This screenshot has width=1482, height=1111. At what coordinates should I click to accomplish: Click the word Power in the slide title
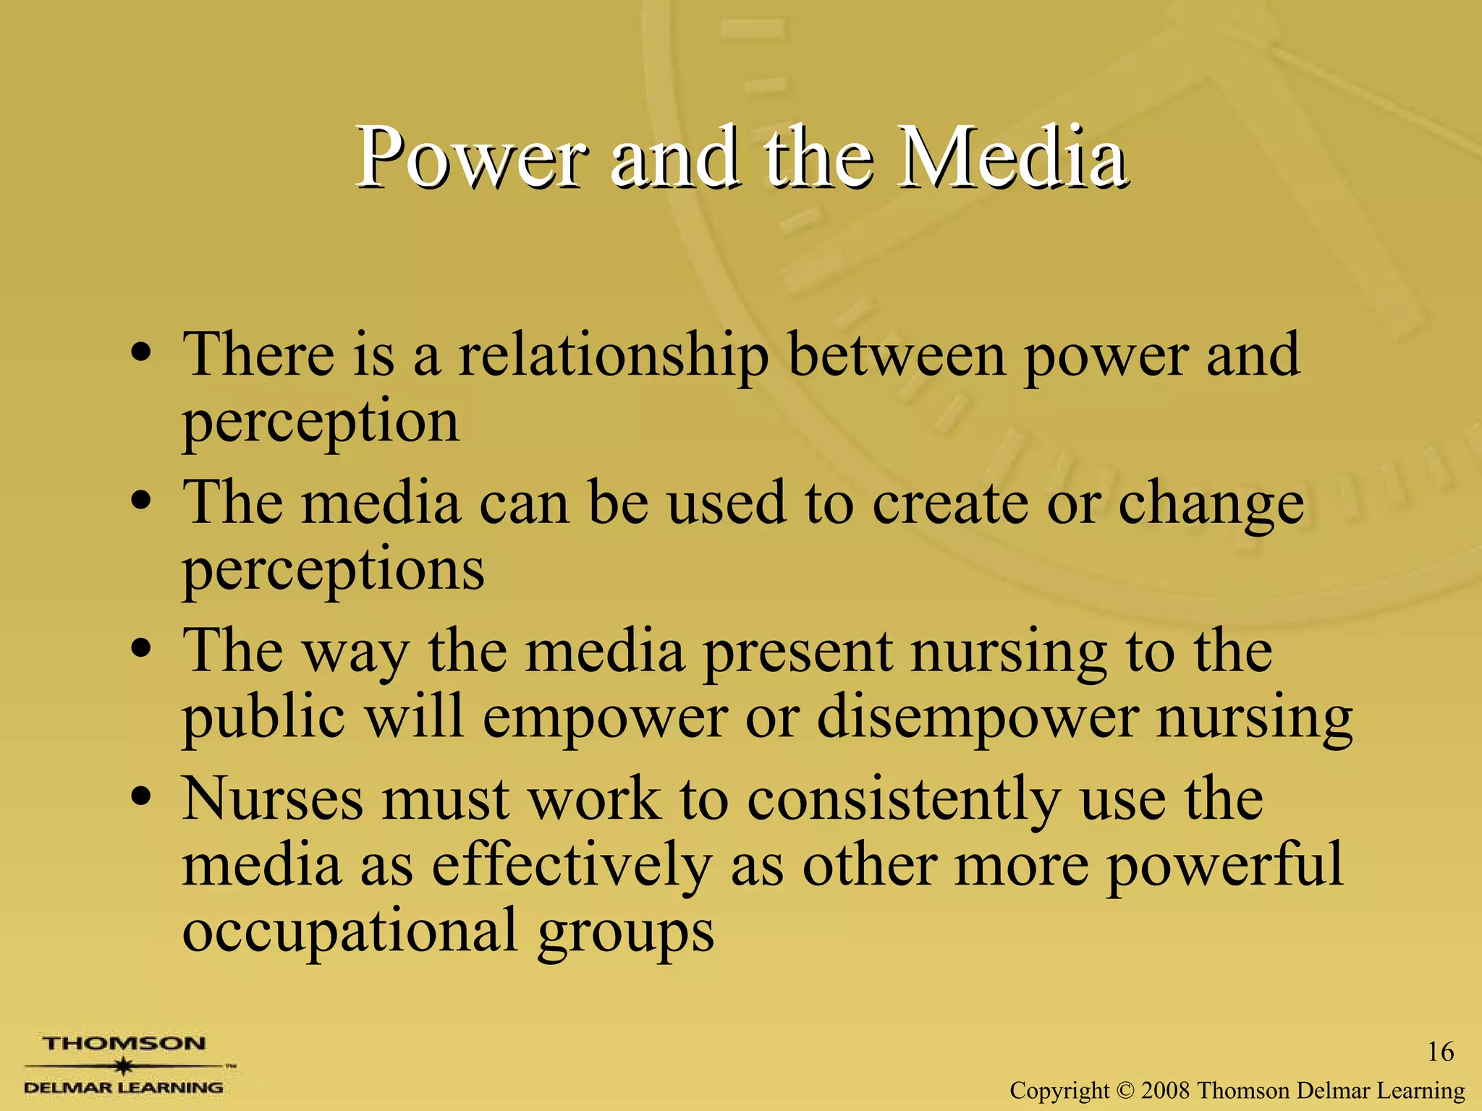[x=471, y=157]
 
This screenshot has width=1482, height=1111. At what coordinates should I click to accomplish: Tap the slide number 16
[x=1440, y=1052]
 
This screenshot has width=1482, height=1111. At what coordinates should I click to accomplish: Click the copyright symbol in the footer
[x=1126, y=1090]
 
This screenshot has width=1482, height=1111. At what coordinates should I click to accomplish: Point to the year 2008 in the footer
[x=1166, y=1090]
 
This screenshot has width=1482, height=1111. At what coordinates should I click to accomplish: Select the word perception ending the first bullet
[x=321, y=422]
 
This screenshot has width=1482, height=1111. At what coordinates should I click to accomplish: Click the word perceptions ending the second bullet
[x=333, y=570]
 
